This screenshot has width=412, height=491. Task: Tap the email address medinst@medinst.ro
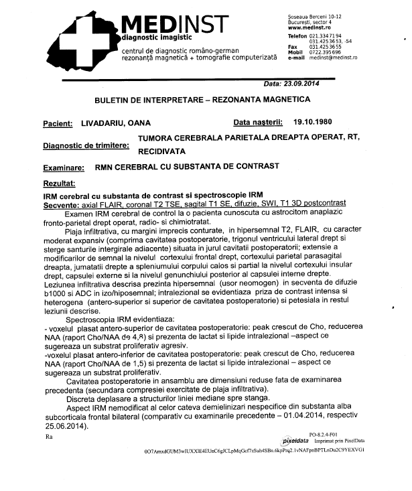333,59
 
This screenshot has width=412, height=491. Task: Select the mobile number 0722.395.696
326,52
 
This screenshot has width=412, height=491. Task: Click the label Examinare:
65,169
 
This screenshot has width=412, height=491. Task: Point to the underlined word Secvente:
62,202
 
